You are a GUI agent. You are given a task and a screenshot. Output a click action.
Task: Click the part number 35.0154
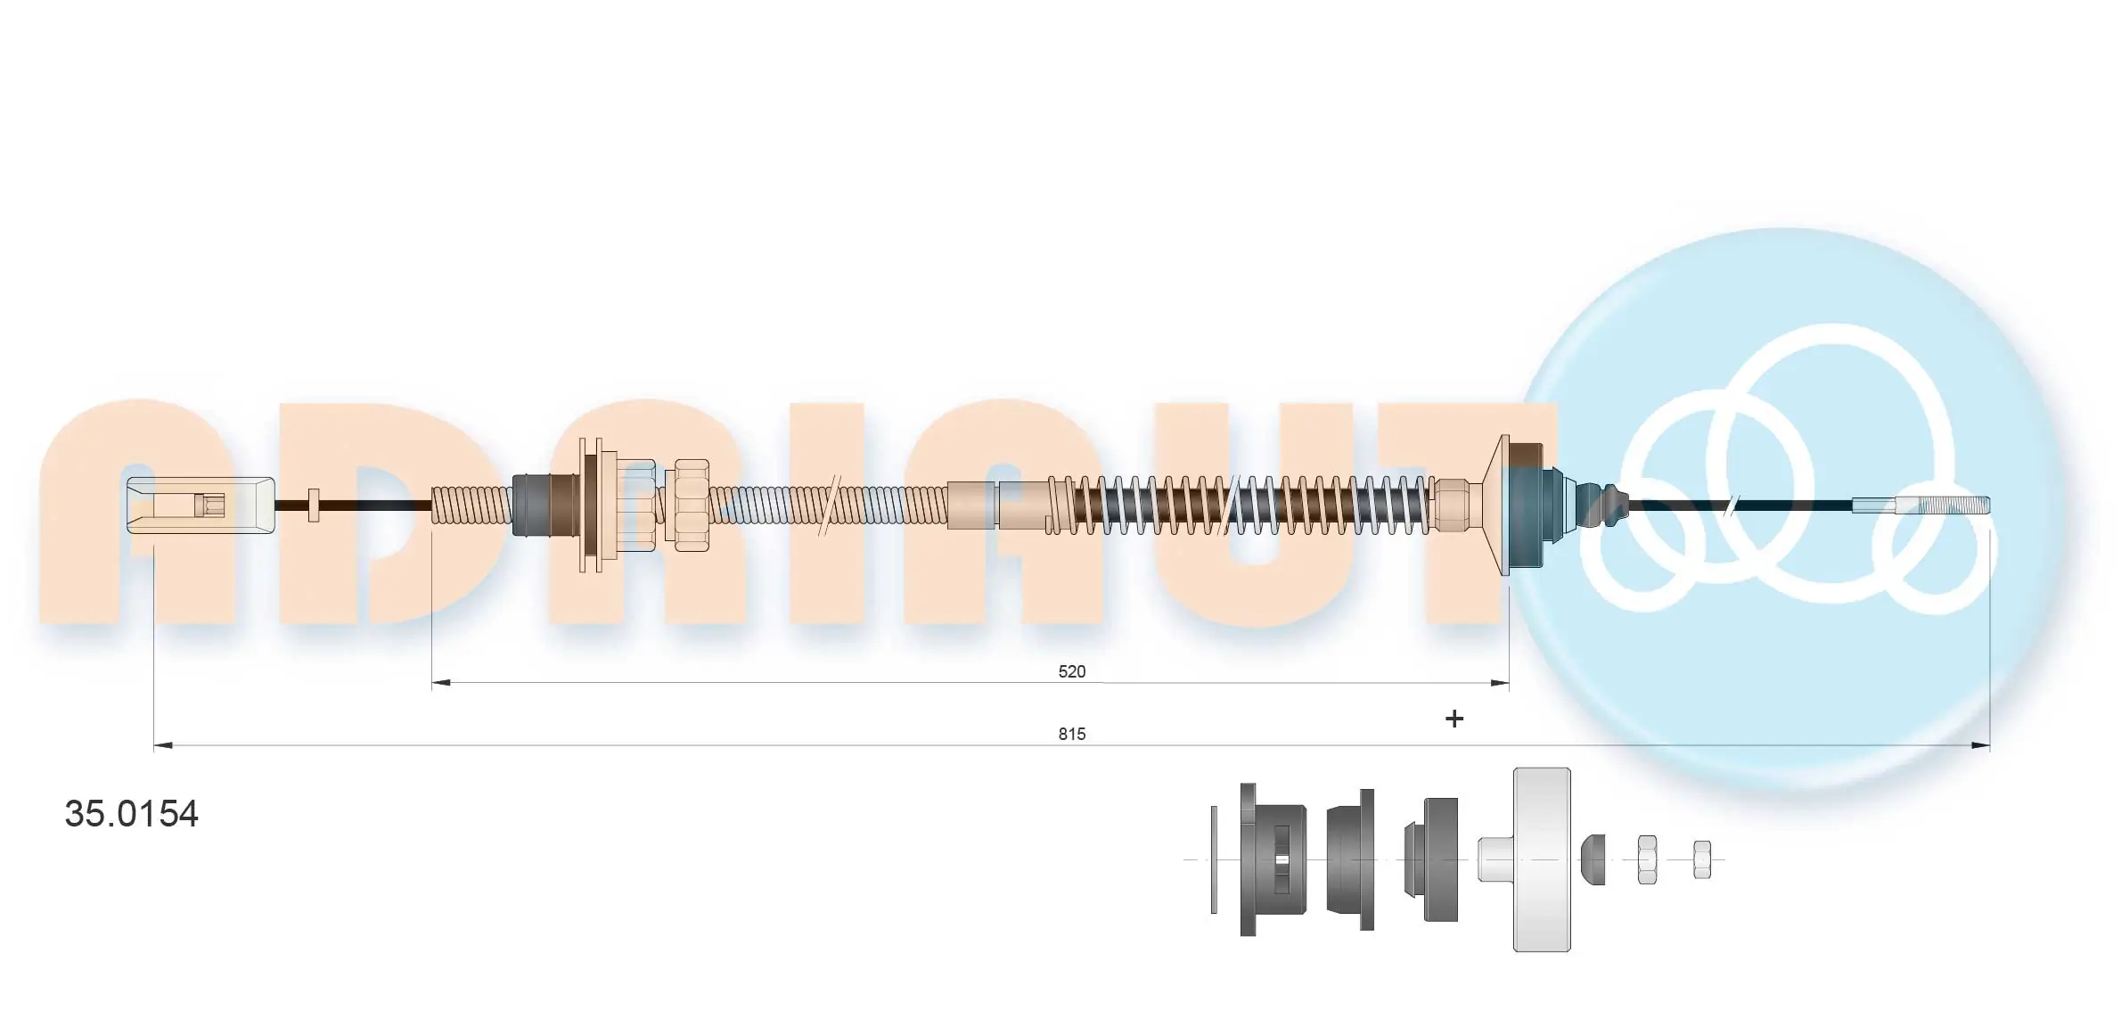pos(131,814)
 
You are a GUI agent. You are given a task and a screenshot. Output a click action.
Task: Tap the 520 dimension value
pos(1071,671)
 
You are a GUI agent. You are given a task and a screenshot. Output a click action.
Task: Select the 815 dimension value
pos(1071,734)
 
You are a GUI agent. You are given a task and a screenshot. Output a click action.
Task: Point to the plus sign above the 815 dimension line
pos(1454,719)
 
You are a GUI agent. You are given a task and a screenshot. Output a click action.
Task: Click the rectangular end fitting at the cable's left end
pos(200,505)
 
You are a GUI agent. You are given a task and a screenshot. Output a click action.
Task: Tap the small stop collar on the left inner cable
pos(313,505)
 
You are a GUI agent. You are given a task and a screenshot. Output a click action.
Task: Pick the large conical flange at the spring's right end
pos(1505,505)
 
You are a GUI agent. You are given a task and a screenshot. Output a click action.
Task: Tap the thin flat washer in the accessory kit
pos(1214,859)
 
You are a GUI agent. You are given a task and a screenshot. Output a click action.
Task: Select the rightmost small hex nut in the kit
pos(1701,859)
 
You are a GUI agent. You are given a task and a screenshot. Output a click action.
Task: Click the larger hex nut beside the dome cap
pos(1647,859)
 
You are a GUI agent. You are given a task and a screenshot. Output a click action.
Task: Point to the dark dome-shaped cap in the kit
pos(1593,859)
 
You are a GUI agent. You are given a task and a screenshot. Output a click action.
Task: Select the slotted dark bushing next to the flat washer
pos(1273,859)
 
